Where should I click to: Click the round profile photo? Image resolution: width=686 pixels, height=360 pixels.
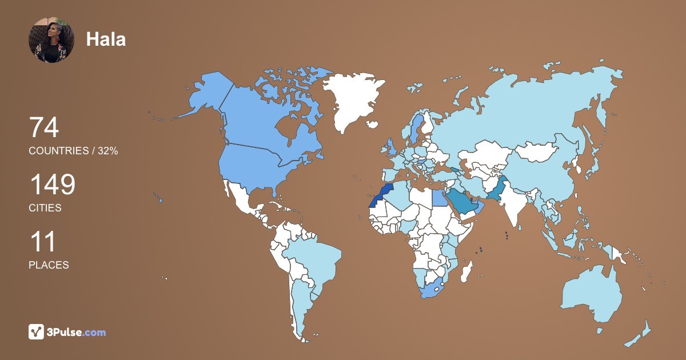point(51,39)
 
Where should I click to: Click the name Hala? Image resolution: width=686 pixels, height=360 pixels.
point(106,39)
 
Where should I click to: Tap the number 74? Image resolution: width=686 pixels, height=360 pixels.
point(44,127)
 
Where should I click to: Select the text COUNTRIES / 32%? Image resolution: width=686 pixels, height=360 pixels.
point(73,151)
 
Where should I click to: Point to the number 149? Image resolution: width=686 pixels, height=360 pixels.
point(52,185)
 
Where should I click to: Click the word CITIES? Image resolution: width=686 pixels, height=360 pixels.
point(45,208)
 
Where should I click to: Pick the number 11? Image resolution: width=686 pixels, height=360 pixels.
point(42,242)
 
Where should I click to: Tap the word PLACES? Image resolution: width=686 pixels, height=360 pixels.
point(49,265)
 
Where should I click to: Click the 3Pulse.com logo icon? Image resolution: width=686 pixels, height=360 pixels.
point(37,331)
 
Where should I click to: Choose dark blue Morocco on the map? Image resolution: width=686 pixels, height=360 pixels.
point(381,194)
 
